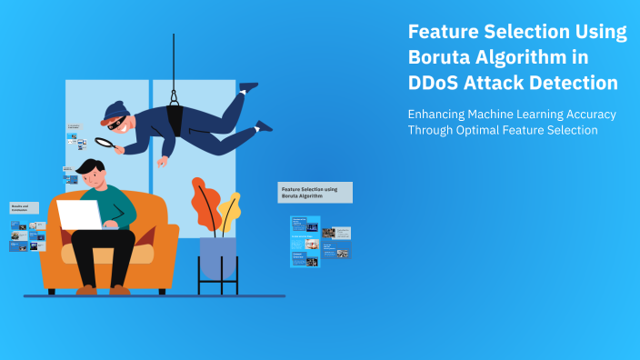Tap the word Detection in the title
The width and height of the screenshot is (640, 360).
(x=574, y=83)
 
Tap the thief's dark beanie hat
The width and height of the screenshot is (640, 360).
(x=115, y=112)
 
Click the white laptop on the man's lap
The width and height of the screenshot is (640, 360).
(x=81, y=215)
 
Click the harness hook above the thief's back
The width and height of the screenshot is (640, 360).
(x=173, y=96)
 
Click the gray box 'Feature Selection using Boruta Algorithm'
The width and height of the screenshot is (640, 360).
(x=315, y=192)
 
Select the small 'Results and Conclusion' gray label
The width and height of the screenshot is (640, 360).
(x=24, y=208)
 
